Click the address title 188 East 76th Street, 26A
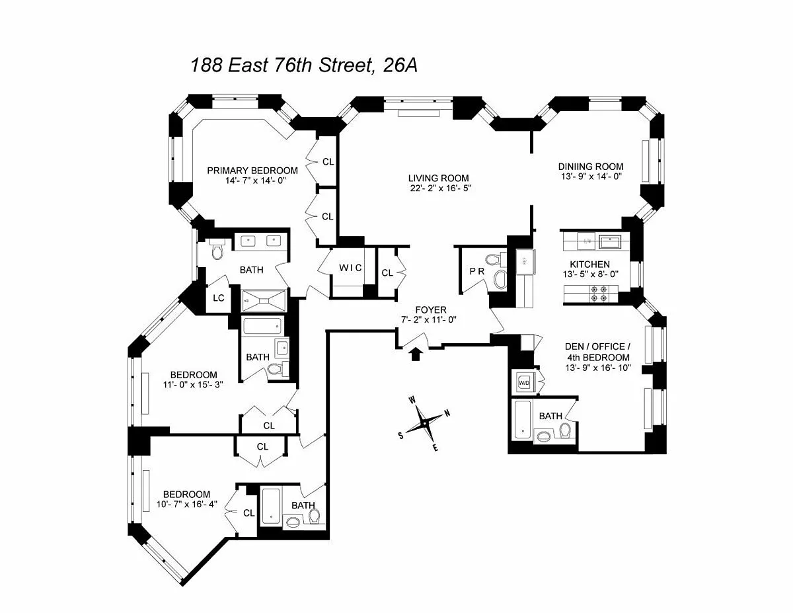click(304, 65)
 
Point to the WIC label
click(350, 268)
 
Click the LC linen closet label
click(219, 298)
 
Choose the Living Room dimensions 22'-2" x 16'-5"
click(438, 188)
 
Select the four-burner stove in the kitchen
click(600, 293)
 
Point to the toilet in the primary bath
click(217, 250)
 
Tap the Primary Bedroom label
click(252, 171)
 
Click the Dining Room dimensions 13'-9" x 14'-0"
click(590, 177)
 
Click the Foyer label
click(430, 309)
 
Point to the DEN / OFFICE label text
click(598, 347)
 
